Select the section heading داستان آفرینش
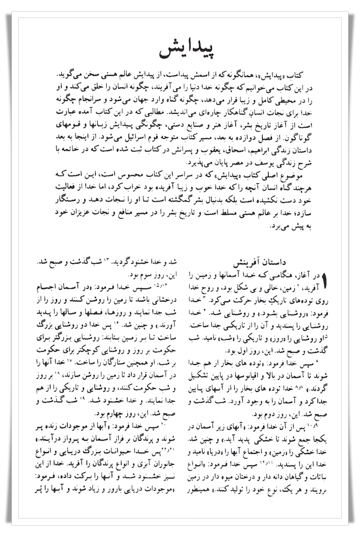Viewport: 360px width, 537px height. tap(263, 264)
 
